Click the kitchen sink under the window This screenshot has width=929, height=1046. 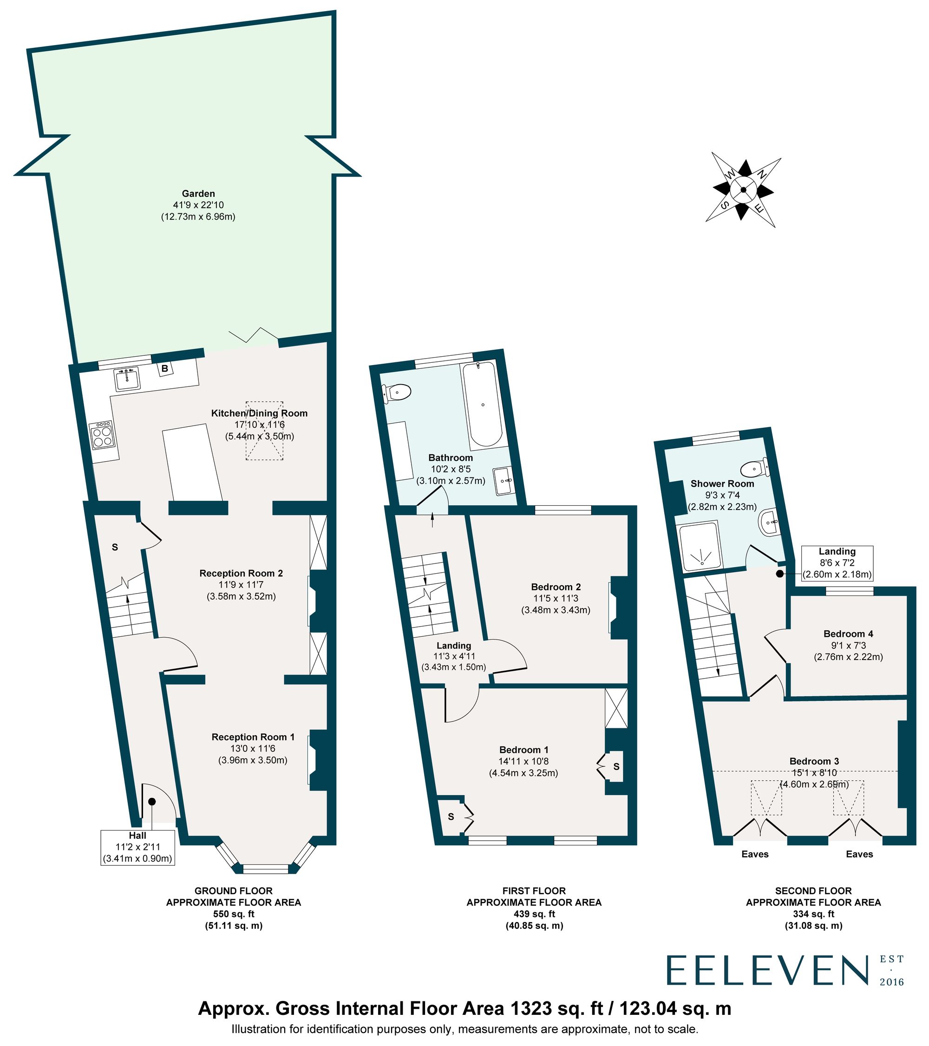pos(127,379)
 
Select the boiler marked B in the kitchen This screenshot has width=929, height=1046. pos(165,368)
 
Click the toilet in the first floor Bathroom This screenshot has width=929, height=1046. pos(399,393)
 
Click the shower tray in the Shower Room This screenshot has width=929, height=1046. pos(700,545)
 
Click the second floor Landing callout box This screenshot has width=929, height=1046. pos(837,563)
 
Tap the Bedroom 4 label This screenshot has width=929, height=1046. pos(848,634)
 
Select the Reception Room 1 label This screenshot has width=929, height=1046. pos(253,737)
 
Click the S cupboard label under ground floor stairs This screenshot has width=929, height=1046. pos(115,547)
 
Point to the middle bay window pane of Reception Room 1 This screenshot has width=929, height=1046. pos(265,869)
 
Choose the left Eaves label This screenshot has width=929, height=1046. pos(755,854)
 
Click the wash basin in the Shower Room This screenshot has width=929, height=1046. pos(768,523)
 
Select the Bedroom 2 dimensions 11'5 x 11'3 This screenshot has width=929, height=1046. pos(556,598)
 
